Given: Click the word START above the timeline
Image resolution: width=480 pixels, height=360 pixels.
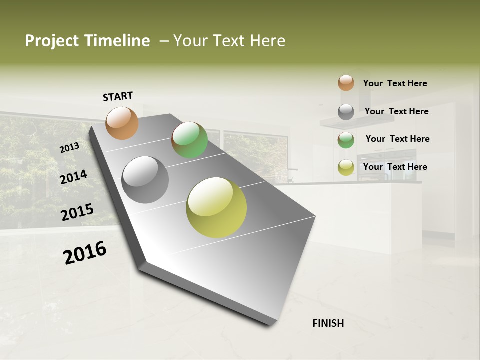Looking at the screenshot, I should point(118,96).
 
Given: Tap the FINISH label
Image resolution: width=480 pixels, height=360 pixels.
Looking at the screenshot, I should point(328,323).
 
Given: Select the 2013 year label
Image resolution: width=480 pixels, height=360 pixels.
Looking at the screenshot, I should point(69,147).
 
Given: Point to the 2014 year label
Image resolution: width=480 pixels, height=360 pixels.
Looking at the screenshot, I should point(73,177).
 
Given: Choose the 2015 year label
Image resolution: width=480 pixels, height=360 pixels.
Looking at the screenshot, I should point(77,212).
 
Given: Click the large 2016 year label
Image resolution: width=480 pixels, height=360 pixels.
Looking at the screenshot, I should point(85,253).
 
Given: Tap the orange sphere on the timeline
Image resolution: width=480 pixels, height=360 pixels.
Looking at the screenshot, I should point(122,123).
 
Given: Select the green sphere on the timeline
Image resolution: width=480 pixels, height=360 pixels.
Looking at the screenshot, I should point(189,140).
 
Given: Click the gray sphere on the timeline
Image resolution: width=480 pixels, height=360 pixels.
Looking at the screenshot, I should point(145,179).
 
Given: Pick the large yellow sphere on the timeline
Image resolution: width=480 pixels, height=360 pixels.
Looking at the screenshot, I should point(216,207).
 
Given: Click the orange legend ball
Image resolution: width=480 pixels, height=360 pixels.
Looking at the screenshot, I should point(346,83).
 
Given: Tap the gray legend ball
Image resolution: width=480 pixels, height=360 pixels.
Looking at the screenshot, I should point(346,112).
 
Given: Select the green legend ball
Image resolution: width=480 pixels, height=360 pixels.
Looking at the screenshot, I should point(346,140).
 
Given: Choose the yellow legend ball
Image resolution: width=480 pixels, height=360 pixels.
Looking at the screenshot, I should point(346,168).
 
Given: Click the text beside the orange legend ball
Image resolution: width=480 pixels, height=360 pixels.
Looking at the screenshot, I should point(395,83).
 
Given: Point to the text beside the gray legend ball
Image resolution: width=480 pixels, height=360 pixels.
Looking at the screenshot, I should point(396,111).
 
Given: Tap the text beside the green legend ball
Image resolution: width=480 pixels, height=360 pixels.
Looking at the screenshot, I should point(397,139).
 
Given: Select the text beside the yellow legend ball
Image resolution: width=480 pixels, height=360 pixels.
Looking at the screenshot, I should point(395,167).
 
